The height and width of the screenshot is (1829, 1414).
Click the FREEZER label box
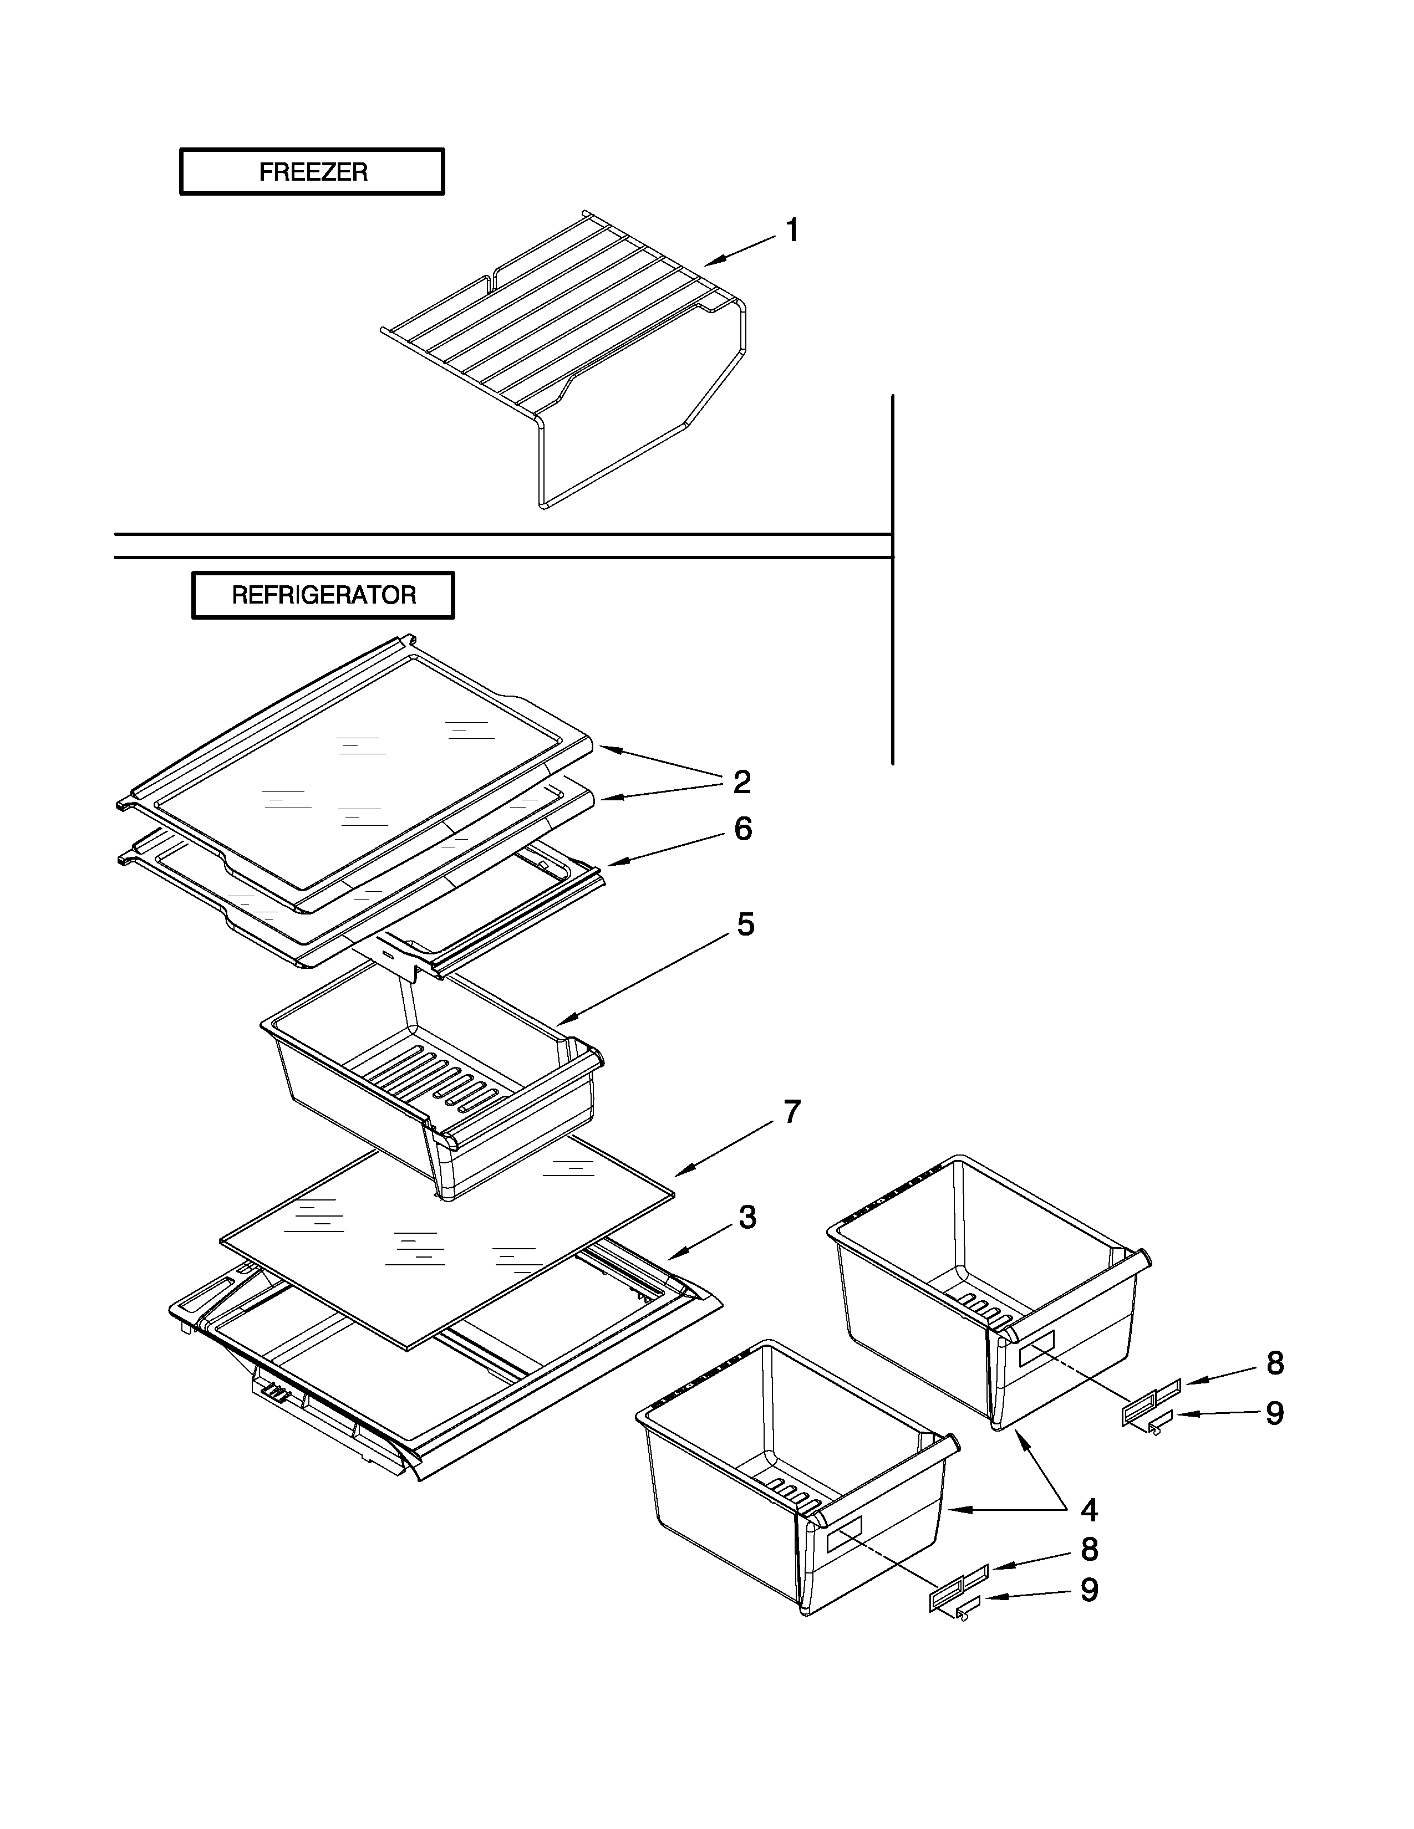pyautogui.click(x=312, y=172)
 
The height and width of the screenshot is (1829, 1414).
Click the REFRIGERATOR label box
pyautogui.click(x=323, y=595)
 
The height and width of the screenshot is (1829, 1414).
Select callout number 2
pyautogui.click(x=741, y=782)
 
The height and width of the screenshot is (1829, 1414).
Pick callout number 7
pyautogui.click(x=792, y=1112)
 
